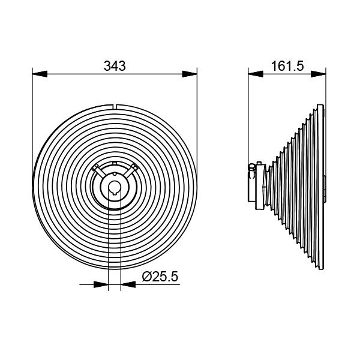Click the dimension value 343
tap(114, 66)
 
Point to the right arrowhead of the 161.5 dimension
tap(322, 74)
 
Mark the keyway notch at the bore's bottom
tap(114, 194)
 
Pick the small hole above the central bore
tap(114, 174)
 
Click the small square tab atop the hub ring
tap(114, 163)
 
